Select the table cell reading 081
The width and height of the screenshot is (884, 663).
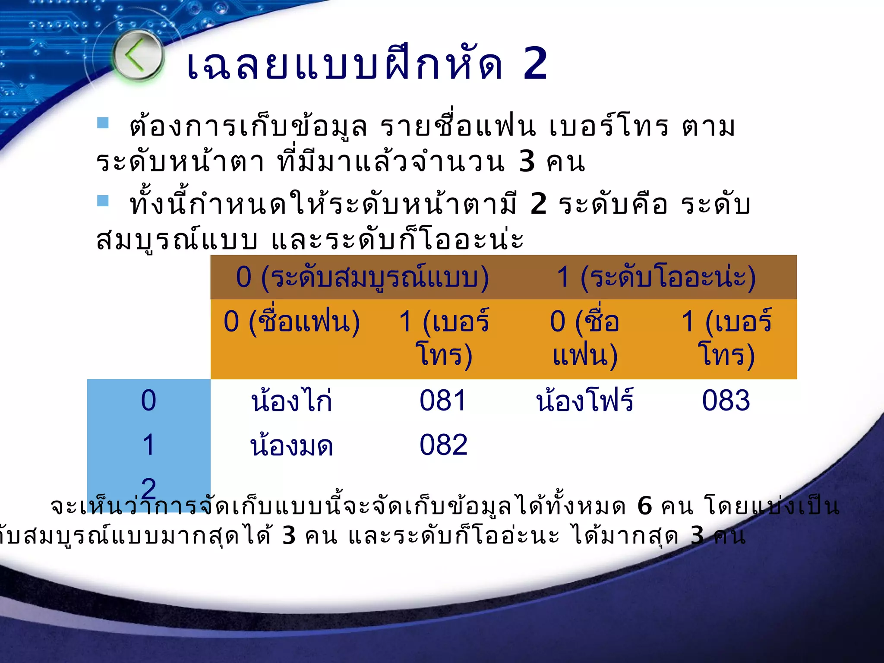[x=443, y=400]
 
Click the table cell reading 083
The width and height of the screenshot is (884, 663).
[x=726, y=400]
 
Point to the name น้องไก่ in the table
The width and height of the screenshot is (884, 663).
[x=292, y=400]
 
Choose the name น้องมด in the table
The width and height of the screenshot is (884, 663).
[x=292, y=445]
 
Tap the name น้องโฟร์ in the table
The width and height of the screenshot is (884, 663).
[x=585, y=400]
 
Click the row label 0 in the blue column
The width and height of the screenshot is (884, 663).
[x=148, y=400]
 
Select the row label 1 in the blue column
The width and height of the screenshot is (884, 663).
[x=148, y=445]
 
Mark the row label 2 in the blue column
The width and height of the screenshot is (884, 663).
[x=148, y=489]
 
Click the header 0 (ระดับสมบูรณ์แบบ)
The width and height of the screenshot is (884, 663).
[x=362, y=277]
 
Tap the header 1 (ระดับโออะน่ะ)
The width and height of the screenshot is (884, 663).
[x=656, y=277]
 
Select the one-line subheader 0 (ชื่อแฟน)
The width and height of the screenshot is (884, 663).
[x=292, y=322]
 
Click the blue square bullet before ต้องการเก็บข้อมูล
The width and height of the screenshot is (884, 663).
[x=103, y=123]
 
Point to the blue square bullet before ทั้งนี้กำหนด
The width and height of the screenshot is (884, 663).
[x=103, y=201]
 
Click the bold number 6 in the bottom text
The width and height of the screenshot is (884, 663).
[x=644, y=506]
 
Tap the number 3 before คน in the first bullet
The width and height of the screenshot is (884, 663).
[x=527, y=161]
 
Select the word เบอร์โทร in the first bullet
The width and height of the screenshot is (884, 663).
[x=609, y=127]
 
